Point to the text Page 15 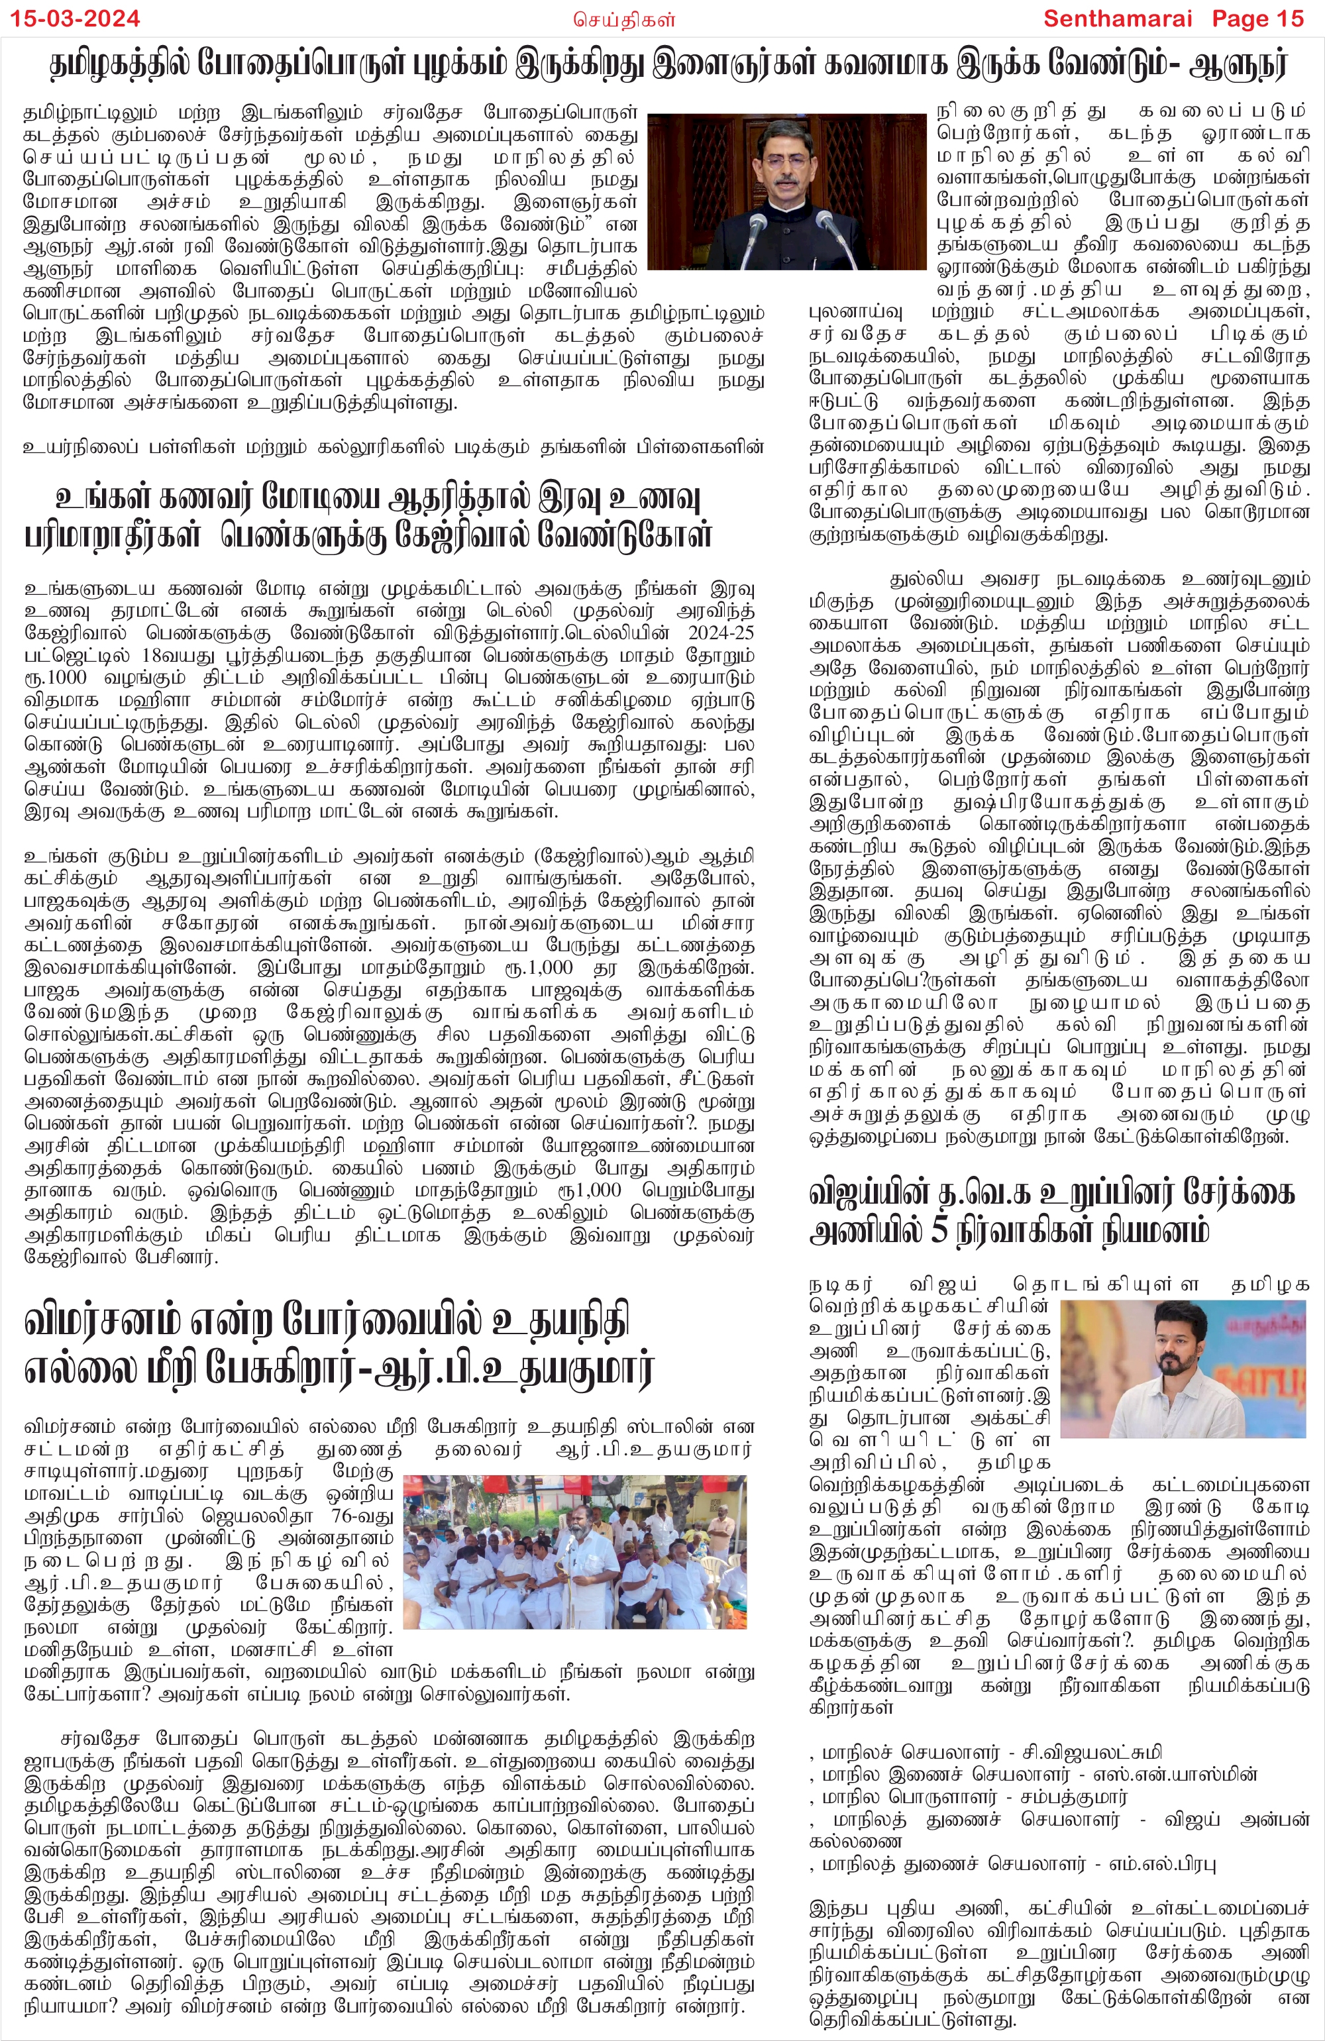coord(1257,18)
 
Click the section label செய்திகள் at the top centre coord(623,18)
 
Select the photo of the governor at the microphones coord(786,191)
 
